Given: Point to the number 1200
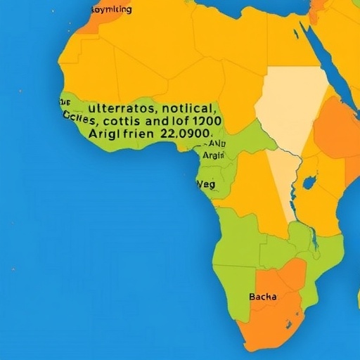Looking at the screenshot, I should click(203, 120).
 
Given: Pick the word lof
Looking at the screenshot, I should click(184, 120).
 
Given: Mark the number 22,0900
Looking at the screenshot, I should click(185, 132).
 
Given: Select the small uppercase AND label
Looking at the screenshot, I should click(217, 143).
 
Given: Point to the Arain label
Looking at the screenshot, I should click(213, 155).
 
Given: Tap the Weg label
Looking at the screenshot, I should click(205, 184).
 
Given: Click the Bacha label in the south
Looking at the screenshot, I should click(263, 297).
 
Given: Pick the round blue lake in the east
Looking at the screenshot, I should click(309, 184).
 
